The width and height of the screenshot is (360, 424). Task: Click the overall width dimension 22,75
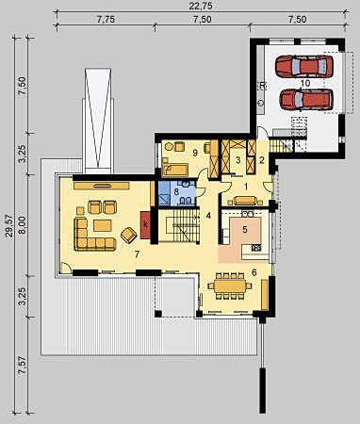(x=201, y=6)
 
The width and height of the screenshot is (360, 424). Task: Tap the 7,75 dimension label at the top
(x=106, y=20)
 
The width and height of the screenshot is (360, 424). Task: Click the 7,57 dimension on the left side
(x=24, y=365)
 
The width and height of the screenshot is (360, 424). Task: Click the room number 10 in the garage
(x=304, y=83)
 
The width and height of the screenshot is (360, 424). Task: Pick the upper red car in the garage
(x=303, y=66)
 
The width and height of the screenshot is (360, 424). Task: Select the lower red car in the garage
(x=306, y=100)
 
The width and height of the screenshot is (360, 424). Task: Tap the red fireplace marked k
(x=145, y=224)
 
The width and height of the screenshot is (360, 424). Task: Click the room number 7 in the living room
(x=137, y=254)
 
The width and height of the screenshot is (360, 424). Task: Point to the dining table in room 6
(x=230, y=285)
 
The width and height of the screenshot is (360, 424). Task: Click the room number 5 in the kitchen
(x=245, y=230)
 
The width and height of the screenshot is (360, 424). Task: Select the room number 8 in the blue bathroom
(x=176, y=190)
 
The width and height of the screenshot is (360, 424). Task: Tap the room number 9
(x=195, y=153)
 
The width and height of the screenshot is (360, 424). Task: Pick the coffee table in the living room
(x=103, y=225)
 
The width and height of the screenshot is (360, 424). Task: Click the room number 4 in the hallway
(x=208, y=216)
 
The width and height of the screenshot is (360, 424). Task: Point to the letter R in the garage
(x=262, y=86)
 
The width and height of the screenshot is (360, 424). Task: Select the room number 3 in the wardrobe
(x=238, y=160)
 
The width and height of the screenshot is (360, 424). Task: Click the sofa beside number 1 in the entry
(x=245, y=201)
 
